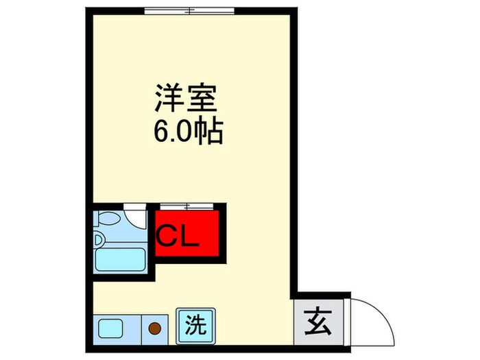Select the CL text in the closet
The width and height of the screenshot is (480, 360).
tap(178, 237)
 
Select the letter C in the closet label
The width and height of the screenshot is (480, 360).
tap(167, 237)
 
